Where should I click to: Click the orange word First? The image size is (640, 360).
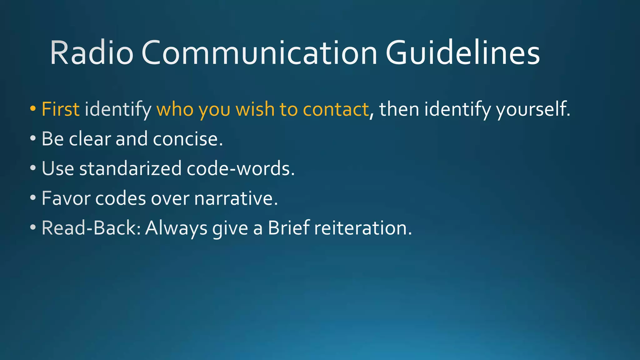(x=60, y=109)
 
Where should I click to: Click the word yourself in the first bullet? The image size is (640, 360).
(x=533, y=110)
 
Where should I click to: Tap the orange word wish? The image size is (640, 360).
(x=255, y=109)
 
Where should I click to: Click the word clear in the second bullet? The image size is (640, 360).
(x=90, y=139)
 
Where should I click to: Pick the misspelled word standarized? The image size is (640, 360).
(x=130, y=168)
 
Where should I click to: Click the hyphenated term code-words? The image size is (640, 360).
(x=240, y=168)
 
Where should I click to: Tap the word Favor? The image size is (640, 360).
(x=66, y=198)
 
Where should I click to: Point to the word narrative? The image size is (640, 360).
(x=236, y=198)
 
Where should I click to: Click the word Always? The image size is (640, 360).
(x=176, y=228)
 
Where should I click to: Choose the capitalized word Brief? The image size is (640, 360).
(x=289, y=228)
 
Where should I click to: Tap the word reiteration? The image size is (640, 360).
(x=363, y=228)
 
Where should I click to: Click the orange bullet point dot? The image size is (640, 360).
(x=33, y=108)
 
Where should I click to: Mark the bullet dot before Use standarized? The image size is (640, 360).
(x=33, y=168)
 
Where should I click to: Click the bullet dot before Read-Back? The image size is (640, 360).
(x=33, y=227)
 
